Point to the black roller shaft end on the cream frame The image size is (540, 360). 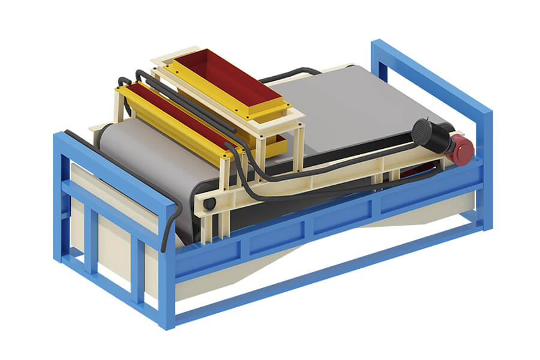pos(209,204)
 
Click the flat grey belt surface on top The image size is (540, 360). pos(348,108)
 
